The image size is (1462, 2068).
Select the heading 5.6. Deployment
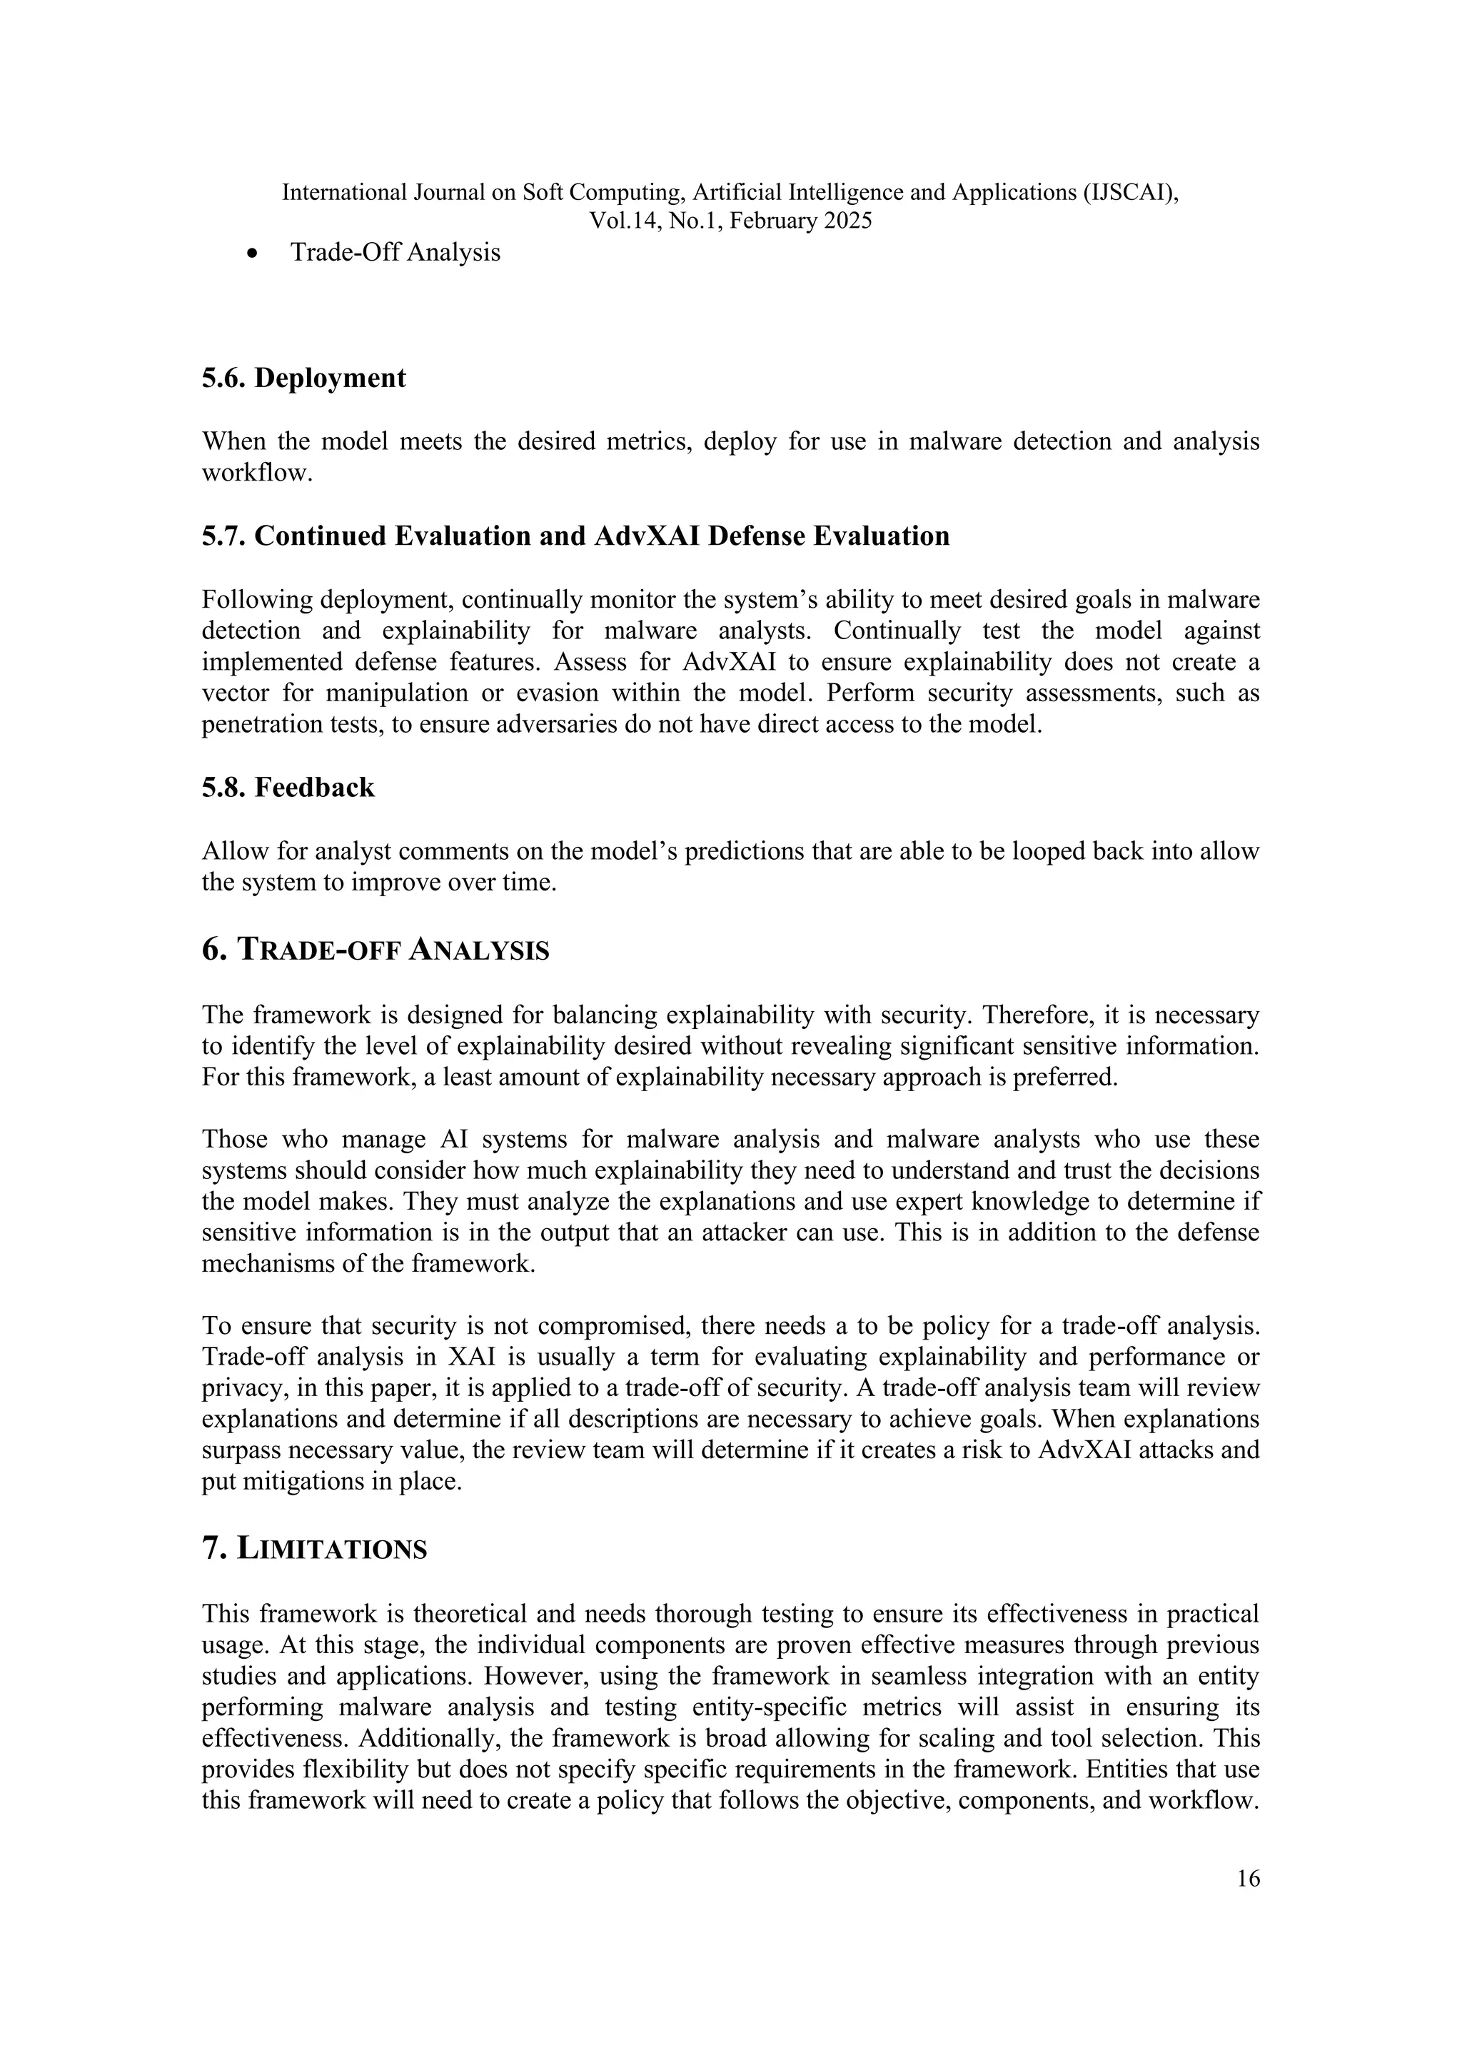(303, 378)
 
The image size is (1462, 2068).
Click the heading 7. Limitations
(314, 1548)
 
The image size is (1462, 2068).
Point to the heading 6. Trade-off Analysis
(375, 949)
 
